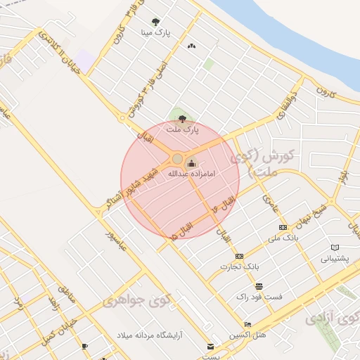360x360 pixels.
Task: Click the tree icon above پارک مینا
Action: pos(155,22)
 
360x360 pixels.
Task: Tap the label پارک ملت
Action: pos(183,129)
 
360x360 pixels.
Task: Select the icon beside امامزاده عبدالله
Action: pos(192,163)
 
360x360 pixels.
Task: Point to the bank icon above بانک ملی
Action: pos(283,228)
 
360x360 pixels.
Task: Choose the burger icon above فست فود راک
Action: pos(259,286)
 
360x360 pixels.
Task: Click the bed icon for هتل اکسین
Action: pos(247,324)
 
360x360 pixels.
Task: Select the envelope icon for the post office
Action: pos(210,347)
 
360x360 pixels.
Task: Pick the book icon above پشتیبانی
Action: pos(335,247)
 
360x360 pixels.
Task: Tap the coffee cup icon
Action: pos(84,346)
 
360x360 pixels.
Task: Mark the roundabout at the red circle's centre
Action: pos(177,160)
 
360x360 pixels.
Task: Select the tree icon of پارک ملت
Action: pos(183,119)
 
